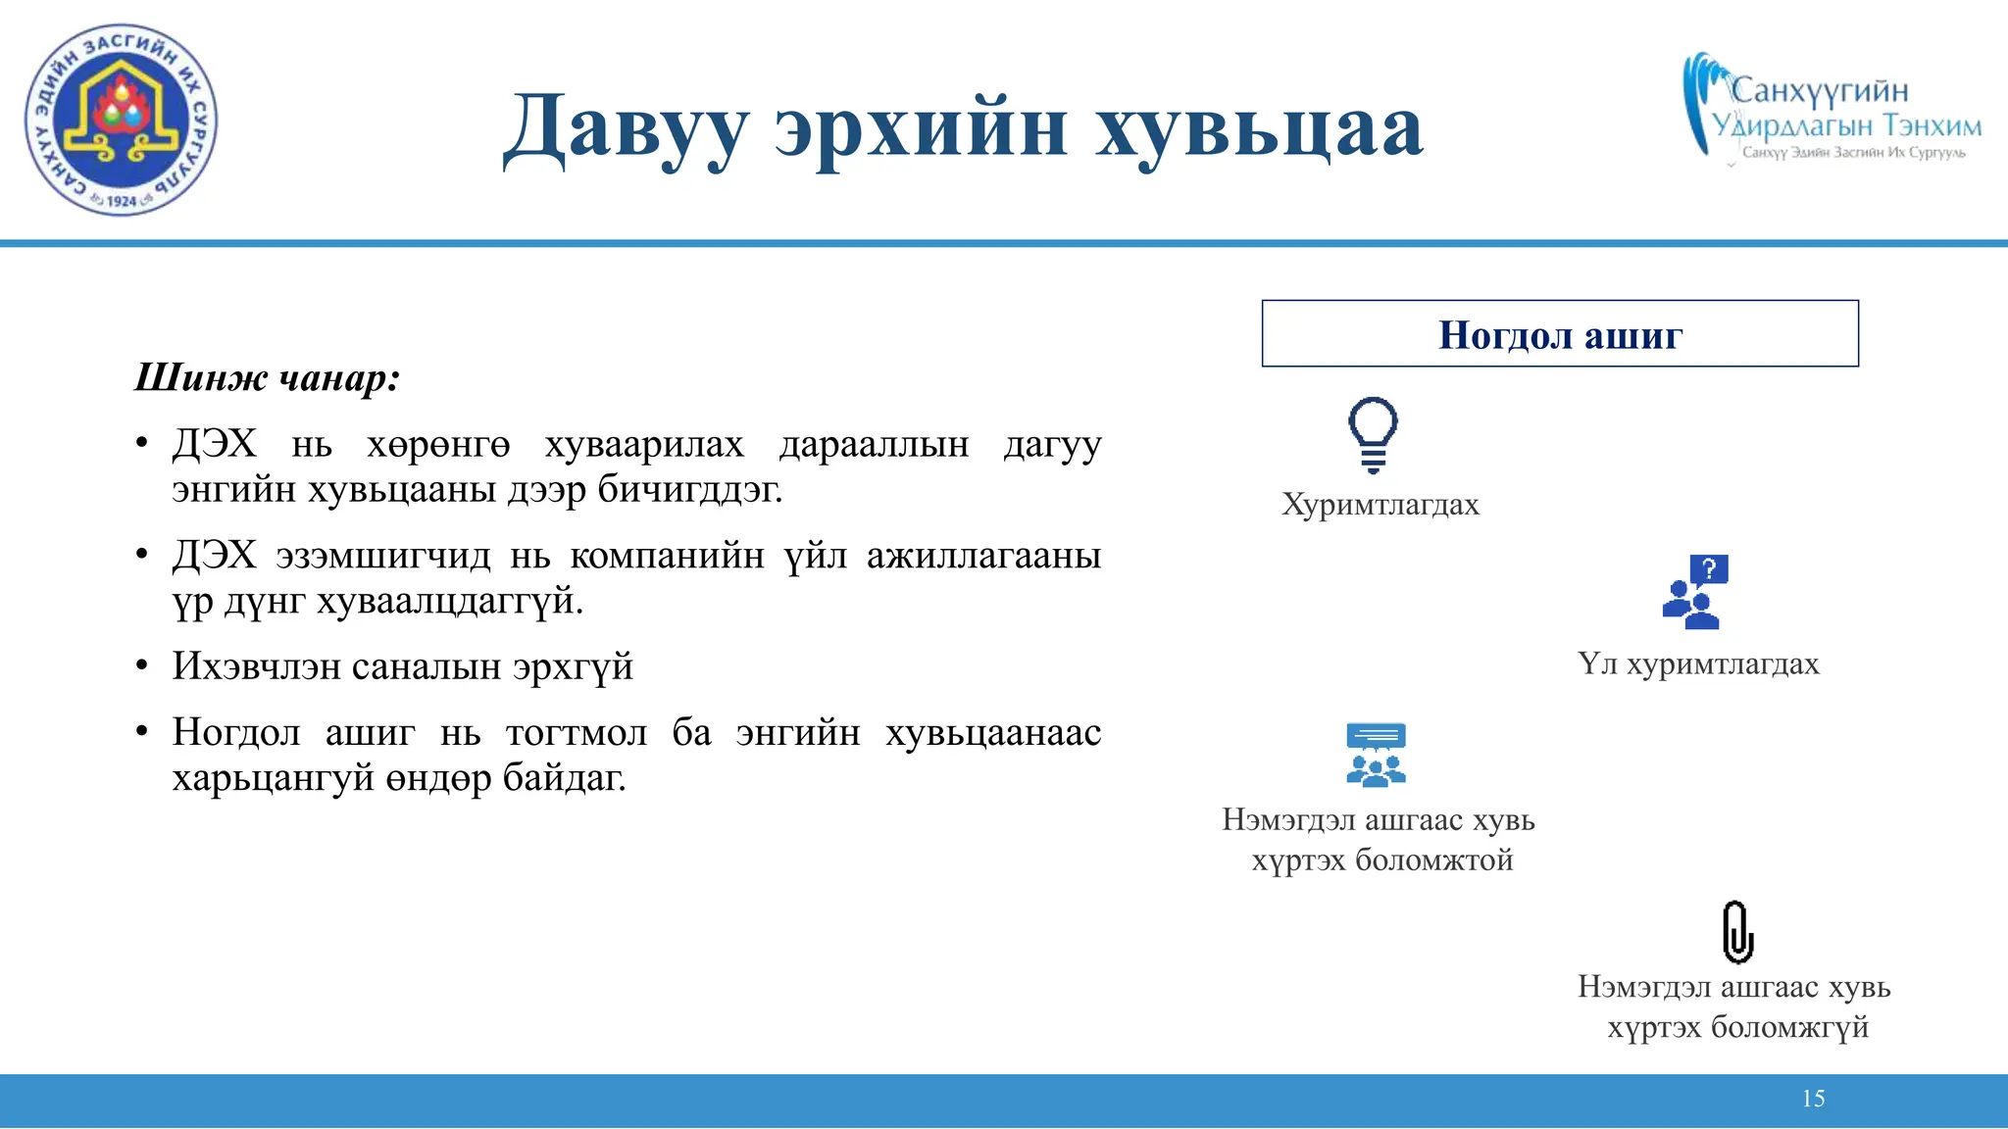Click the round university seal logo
point(121,120)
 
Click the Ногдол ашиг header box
point(1559,334)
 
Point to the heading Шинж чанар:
point(267,378)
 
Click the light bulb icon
point(1373,434)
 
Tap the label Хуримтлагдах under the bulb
point(1380,505)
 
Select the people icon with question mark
point(1695,591)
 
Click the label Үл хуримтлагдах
point(1698,664)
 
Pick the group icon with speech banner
point(1376,755)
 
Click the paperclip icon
point(1737,932)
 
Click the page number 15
point(1813,1099)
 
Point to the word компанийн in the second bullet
point(667,556)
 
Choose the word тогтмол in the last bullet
point(577,732)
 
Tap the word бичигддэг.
point(690,489)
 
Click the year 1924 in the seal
point(122,201)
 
